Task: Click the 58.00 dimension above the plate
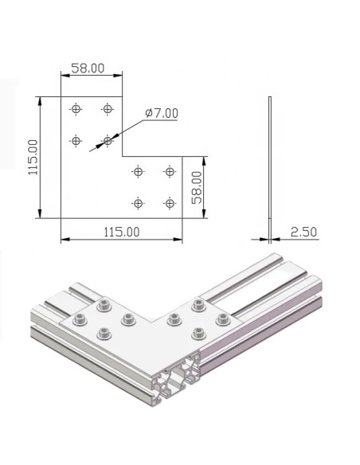point(88,68)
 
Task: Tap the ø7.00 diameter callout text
point(162,114)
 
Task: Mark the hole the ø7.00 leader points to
point(108,141)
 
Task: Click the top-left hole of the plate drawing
point(76,108)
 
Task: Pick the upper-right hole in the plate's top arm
point(108,108)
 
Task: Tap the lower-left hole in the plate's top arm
point(76,141)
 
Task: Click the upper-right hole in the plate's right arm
point(169,171)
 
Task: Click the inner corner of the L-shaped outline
point(123,156)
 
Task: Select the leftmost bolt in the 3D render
point(79,320)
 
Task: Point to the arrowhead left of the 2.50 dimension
point(264,237)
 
